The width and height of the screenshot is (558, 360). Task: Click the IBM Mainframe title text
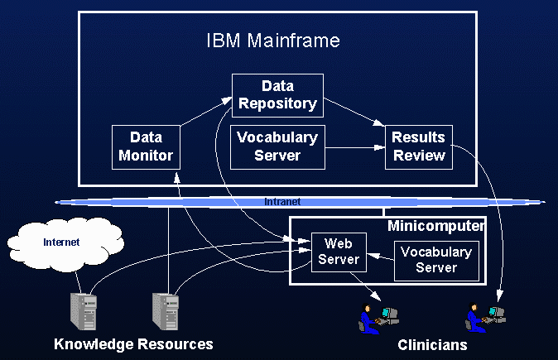[272, 41]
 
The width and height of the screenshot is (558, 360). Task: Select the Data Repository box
[277, 94]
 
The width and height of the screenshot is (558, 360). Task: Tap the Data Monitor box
[146, 146]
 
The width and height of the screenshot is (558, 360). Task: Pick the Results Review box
[419, 146]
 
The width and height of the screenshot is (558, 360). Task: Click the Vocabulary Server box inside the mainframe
[277, 146]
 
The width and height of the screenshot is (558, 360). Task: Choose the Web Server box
[336, 252]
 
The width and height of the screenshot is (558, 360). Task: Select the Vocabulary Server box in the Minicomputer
[436, 260]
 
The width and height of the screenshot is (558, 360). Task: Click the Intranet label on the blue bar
[281, 201]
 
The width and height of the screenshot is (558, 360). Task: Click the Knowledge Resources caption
[133, 344]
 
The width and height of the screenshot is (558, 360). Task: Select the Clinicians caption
[432, 345]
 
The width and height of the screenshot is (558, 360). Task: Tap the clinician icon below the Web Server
[377, 317]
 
